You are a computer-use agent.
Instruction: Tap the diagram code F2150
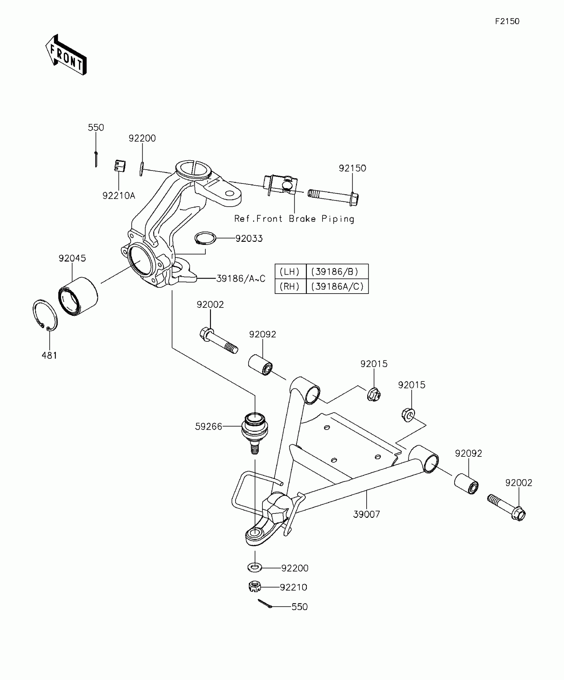[507, 22]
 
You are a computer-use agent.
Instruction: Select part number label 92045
[72, 258]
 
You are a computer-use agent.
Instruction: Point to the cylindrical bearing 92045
[78, 296]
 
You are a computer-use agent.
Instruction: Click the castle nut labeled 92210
[254, 586]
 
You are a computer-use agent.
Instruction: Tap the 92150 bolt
[333, 196]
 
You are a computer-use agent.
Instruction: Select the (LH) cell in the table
[290, 272]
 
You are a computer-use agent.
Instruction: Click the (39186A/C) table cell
[337, 286]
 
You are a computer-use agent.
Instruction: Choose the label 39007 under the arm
[366, 514]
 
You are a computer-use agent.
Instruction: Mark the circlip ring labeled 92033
[205, 238]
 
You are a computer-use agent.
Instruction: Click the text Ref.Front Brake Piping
[294, 219]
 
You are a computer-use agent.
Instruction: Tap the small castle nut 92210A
[119, 166]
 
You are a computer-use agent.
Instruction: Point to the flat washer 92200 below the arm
[254, 567]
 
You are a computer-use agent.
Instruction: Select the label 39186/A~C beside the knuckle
[241, 279]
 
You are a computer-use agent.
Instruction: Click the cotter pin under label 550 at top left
[96, 159]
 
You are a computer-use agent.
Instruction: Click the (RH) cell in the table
[290, 286]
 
